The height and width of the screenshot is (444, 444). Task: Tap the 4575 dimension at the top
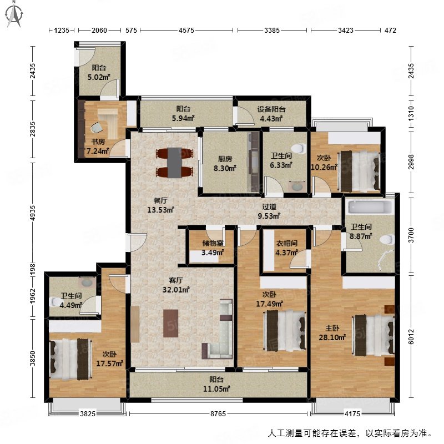pos(186,31)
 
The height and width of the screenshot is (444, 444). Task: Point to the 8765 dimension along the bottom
pos(217,413)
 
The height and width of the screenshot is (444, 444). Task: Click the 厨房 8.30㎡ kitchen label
pos(225,163)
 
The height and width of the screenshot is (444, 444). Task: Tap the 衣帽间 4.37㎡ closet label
pos(287,248)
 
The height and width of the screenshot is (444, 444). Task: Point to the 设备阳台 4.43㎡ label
pos(271,114)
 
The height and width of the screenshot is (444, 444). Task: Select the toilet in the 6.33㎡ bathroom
pos(299,148)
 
